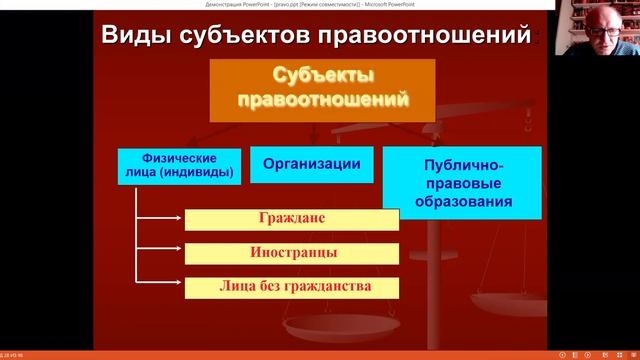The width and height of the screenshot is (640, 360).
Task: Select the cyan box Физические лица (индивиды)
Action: (181, 165)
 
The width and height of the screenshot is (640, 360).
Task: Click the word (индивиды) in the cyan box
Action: (206, 173)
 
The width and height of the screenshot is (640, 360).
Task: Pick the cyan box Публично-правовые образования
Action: (462, 183)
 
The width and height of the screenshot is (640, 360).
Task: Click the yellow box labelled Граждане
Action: (292, 218)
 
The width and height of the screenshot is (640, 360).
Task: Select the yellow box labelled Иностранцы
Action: (292, 252)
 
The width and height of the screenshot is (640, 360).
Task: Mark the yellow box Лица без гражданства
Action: (292, 286)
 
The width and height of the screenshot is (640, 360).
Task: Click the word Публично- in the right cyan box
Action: (462, 164)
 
